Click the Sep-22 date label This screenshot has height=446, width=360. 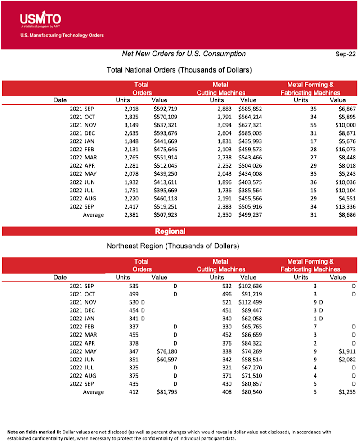click(345, 54)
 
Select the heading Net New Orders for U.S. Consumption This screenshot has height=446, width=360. click(184, 54)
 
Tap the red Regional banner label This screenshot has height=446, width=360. click(170, 231)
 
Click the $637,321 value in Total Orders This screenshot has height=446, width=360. click(165, 125)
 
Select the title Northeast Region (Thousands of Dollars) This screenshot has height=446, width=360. click(172, 246)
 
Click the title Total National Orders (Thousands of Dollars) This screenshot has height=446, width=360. click(179, 70)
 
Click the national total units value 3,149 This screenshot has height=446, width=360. click(130, 125)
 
